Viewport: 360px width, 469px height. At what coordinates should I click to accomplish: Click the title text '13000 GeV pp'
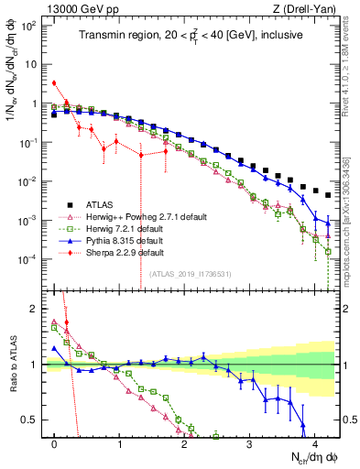(x=75, y=8)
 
